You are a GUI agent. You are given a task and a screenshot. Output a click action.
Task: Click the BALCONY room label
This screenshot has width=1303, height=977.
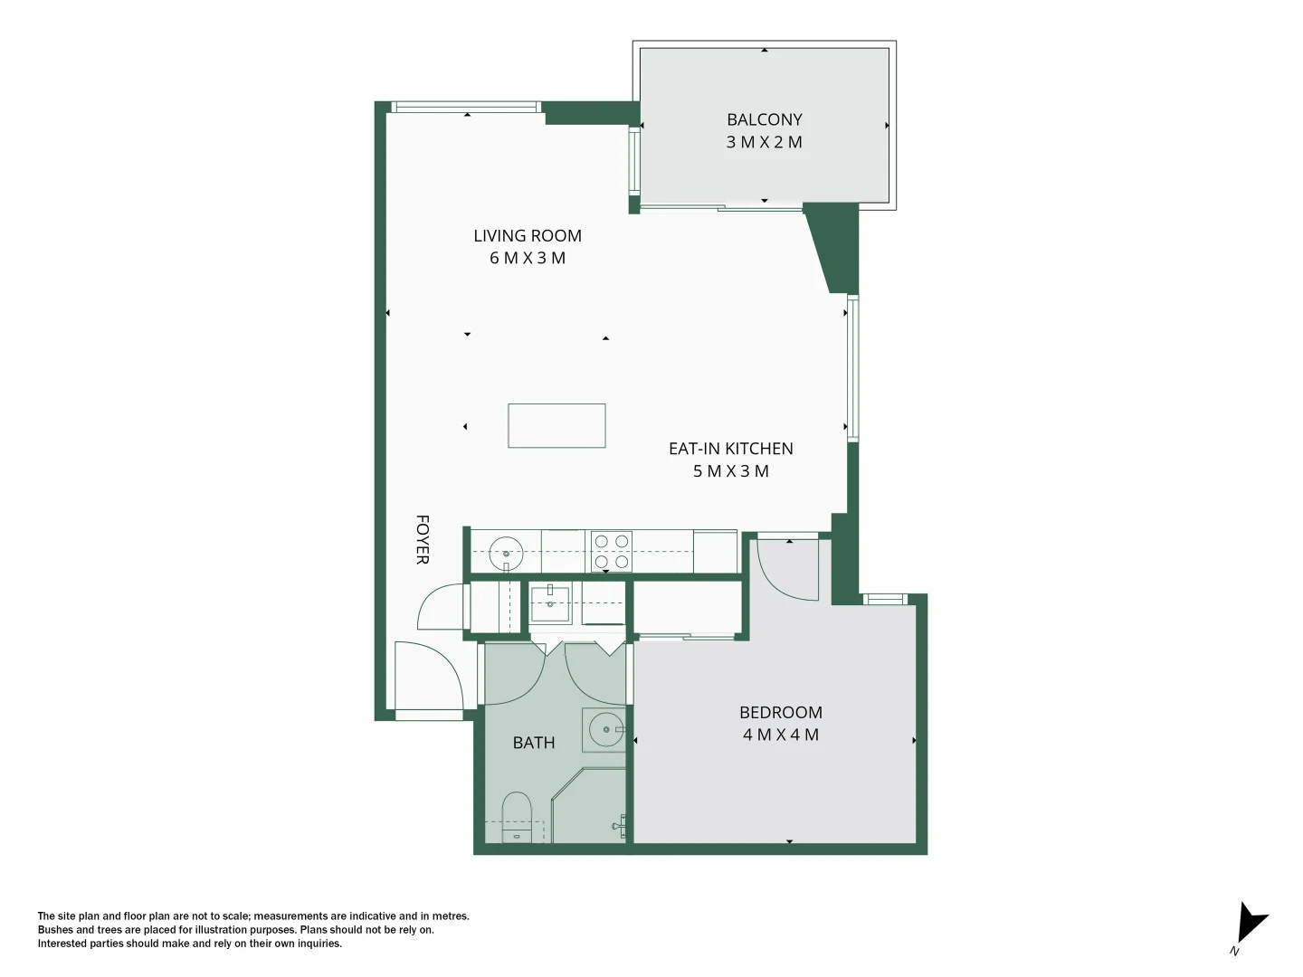pyautogui.click(x=764, y=119)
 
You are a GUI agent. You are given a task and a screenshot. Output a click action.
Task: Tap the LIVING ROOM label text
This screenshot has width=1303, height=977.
pyautogui.click(x=528, y=236)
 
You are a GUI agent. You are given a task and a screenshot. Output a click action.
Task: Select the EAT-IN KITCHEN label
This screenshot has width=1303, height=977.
pyautogui.click(x=730, y=449)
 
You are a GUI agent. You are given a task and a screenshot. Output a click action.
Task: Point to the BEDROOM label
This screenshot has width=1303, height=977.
pyautogui.click(x=780, y=713)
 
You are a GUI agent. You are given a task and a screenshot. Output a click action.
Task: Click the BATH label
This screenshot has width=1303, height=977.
pyautogui.click(x=534, y=743)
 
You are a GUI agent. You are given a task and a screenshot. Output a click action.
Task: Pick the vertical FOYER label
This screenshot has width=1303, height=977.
pyautogui.click(x=422, y=540)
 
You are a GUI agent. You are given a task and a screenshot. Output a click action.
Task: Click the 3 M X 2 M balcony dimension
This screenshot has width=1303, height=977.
pyautogui.click(x=764, y=142)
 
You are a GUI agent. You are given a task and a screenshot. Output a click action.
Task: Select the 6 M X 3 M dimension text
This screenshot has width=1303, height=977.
pyautogui.click(x=528, y=259)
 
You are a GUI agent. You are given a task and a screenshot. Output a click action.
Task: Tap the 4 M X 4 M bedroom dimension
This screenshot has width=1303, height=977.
pyautogui.click(x=780, y=735)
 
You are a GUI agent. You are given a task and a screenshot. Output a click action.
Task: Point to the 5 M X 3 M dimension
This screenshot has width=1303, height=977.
pyautogui.click(x=730, y=471)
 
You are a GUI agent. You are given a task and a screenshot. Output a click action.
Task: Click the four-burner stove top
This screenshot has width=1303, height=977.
pyautogui.click(x=612, y=552)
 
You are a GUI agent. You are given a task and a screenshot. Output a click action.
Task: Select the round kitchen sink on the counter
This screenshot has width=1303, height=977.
pyautogui.click(x=506, y=552)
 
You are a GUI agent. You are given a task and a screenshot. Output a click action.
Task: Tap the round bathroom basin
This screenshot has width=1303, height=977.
pyautogui.click(x=604, y=728)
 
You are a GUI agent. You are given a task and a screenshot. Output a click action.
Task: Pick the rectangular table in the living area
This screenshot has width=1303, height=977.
pyautogui.click(x=556, y=426)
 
